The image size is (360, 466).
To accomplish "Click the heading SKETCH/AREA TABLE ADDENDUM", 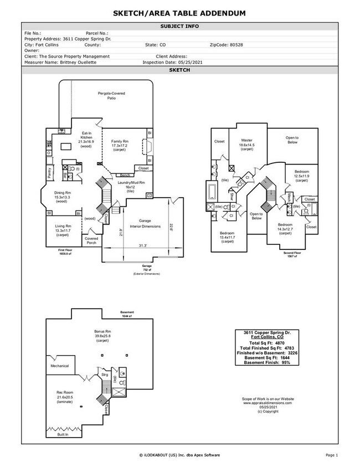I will pyautogui.click(x=179, y=12).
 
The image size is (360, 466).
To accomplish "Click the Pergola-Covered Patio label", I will pyautogui.click(x=111, y=96).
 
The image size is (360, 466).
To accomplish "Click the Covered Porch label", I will pyautogui.click(x=91, y=240).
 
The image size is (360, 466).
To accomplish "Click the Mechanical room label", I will pyautogui.click(x=60, y=366).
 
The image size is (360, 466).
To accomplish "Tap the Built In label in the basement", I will pyautogui.click(x=63, y=434).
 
